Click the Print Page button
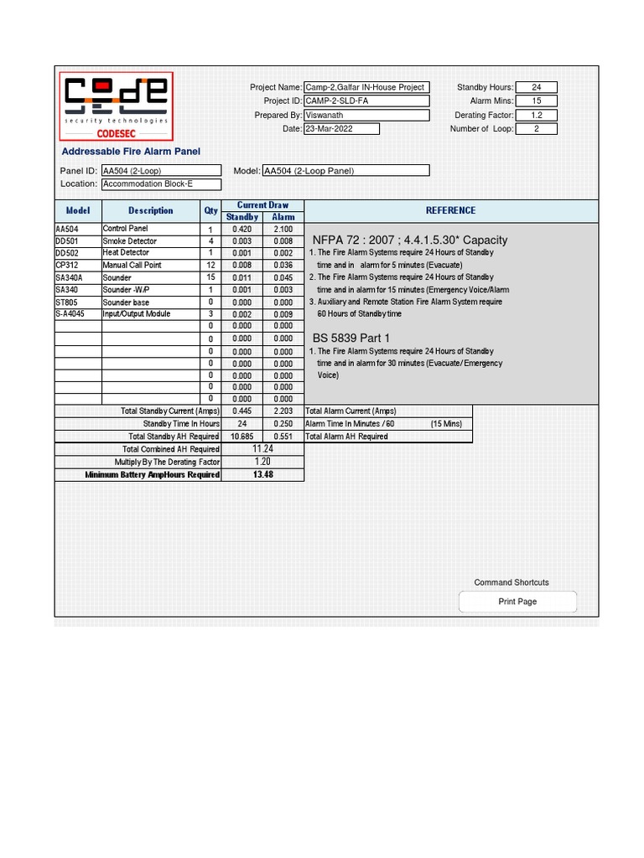[517, 602]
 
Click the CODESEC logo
[117, 106]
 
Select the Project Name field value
[366, 87]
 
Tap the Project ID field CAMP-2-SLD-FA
[366, 101]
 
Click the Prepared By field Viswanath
[366, 116]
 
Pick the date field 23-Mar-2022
[341, 129]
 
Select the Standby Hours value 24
[537, 87]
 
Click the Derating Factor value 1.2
[537, 116]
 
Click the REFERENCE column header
[450, 210]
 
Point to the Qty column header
[210, 210]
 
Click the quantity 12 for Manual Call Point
[210, 266]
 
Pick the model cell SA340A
[78, 277]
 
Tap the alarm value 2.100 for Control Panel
[283, 230]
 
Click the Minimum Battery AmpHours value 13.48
[263, 475]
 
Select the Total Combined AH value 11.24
[263, 449]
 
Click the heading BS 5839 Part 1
[351, 339]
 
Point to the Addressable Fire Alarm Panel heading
[131, 152]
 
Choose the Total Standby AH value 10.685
[242, 437]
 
